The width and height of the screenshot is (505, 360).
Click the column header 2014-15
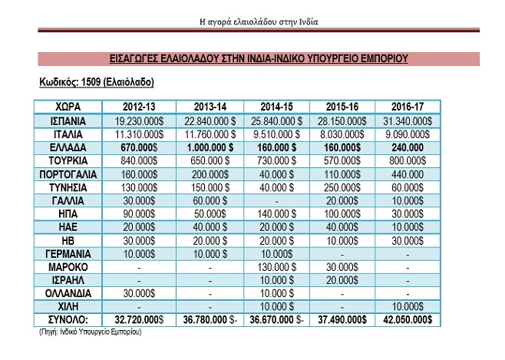(276, 107)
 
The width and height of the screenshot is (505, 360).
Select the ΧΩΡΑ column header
(68, 107)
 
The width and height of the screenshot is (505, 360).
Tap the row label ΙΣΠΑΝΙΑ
(68, 121)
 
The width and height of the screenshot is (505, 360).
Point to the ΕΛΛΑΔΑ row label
(68, 148)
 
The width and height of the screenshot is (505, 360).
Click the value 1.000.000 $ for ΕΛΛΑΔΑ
(210, 148)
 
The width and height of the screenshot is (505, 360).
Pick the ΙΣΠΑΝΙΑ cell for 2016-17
(408, 121)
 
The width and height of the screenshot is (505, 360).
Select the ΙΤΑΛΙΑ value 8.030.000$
(342, 134)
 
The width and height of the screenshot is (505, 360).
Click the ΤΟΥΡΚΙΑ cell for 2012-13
(139, 160)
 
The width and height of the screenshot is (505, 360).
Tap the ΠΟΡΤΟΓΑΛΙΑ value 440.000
(408, 174)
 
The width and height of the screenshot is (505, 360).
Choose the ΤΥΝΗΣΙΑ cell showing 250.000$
(342, 188)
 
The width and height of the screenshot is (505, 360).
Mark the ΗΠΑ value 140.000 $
(276, 214)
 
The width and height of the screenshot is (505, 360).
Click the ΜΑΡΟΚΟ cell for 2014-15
(276, 267)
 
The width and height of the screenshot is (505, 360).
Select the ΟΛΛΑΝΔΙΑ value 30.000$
(139, 293)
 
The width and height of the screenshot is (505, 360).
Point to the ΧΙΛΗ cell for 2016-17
(408, 306)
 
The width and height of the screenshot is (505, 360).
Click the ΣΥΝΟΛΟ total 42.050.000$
(408, 320)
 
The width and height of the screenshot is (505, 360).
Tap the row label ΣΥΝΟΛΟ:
(68, 320)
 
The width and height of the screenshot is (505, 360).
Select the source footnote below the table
(91, 332)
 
